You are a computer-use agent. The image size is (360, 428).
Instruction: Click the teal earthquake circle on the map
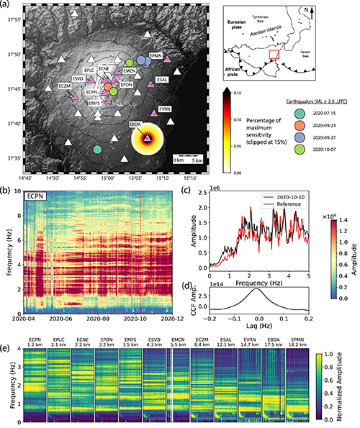pos(97,149)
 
